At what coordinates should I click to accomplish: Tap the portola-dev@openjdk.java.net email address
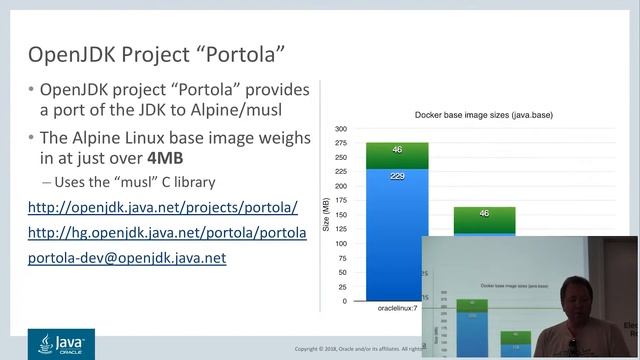point(127,257)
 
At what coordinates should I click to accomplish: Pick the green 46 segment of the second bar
point(485,214)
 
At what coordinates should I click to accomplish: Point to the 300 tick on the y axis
point(341,129)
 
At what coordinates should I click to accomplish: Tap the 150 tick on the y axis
point(341,215)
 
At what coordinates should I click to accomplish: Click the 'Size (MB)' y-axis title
point(326,215)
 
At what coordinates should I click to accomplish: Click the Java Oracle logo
point(60,345)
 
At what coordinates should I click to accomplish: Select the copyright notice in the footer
point(355,349)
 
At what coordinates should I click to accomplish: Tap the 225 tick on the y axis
point(341,172)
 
